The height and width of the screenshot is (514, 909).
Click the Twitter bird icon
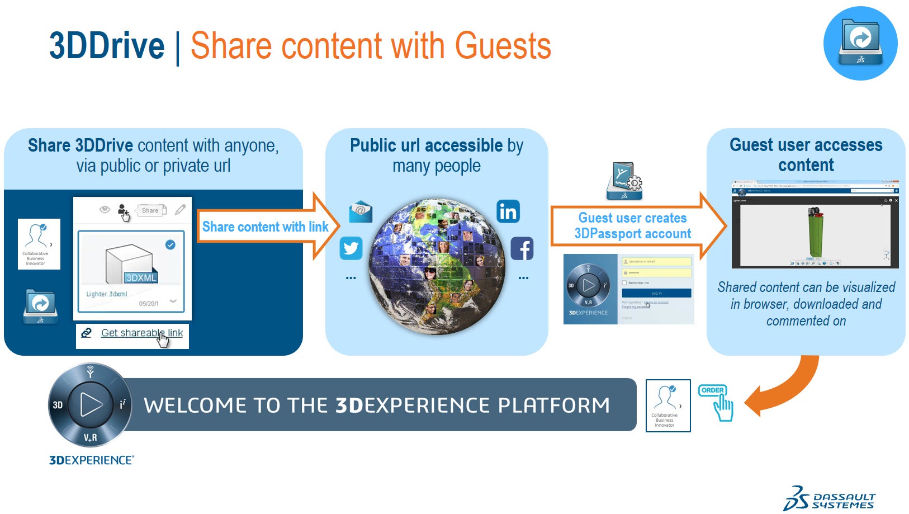coord(351,248)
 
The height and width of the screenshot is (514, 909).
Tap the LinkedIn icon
coord(508,211)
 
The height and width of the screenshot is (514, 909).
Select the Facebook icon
coord(522,248)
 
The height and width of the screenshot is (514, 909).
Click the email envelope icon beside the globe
coord(361,211)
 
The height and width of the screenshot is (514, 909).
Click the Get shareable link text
coord(141,333)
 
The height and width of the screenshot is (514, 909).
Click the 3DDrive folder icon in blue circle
coord(860,43)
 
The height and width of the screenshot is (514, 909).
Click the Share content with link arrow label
coord(265,227)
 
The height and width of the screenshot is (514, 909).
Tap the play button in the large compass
coord(91,404)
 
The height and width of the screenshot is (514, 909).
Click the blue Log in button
coord(656,293)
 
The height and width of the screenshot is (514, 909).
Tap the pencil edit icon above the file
coord(180,210)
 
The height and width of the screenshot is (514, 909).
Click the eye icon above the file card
coord(105,210)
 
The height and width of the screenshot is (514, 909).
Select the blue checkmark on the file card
coord(171,244)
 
